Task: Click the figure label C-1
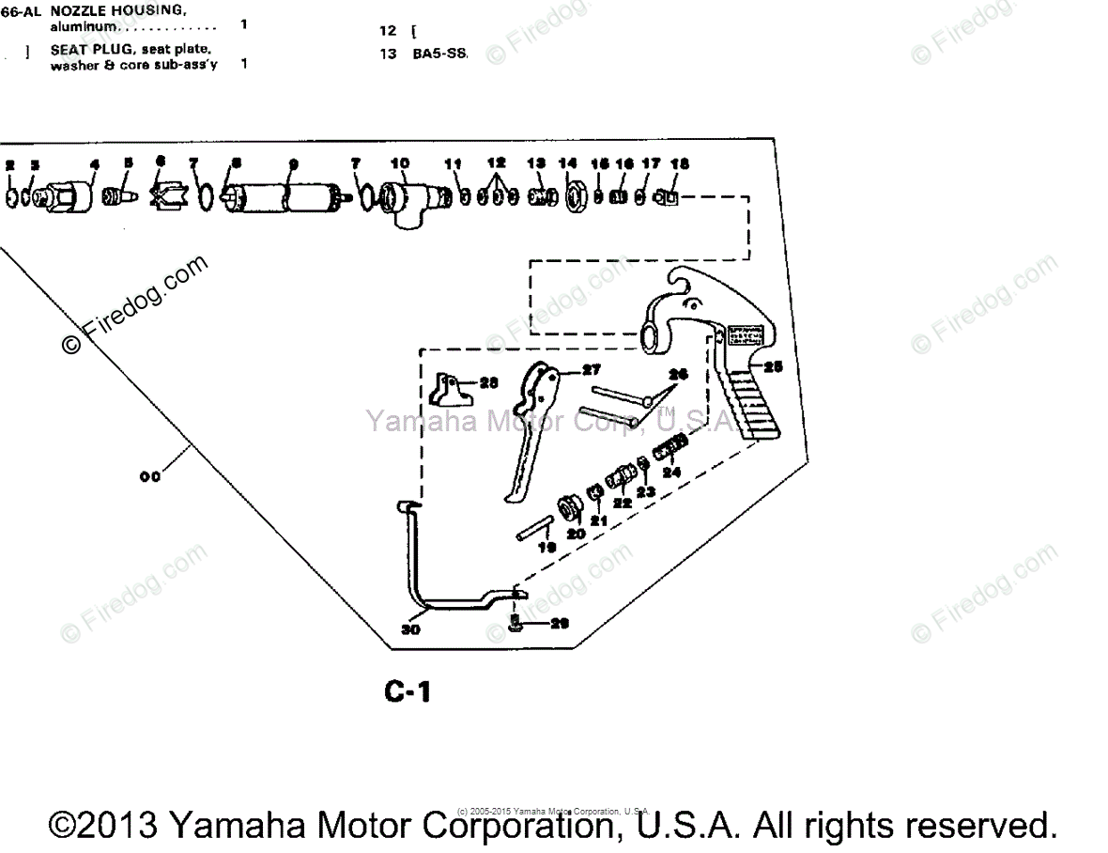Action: (408, 692)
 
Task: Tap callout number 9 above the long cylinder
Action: (294, 163)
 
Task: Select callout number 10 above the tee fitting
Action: (400, 163)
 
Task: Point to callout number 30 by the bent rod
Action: (410, 629)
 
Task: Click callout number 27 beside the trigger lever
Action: (592, 369)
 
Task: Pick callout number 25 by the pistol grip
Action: (773, 365)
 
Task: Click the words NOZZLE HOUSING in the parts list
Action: (131, 11)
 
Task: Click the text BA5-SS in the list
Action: (439, 54)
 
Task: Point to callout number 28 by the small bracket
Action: (488, 382)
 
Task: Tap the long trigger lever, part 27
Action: (531, 423)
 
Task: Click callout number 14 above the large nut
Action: (568, 163)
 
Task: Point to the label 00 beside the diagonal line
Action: (149, 476)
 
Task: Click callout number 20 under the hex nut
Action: (575, 533)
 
